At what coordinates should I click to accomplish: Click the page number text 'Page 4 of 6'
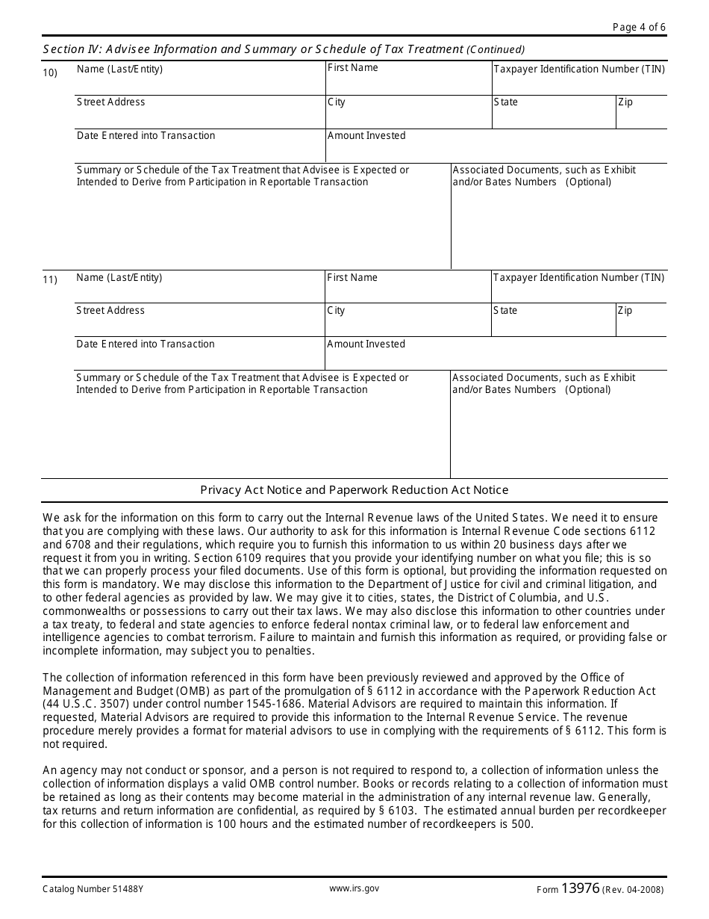pos(639,28)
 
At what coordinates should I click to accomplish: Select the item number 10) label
pos(50,72)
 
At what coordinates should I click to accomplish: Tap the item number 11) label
pos(50,281)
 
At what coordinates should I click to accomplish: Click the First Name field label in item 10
pos(353,68)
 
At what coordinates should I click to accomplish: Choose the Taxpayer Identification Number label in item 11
pos(578,277)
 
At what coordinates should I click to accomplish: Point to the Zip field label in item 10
pos(625,102)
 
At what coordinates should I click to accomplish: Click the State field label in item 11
pos(505,311)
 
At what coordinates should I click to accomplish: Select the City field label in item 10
pos(337,102)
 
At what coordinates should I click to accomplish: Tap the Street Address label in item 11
pos(110,311)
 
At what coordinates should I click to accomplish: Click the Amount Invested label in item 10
pos(366,136)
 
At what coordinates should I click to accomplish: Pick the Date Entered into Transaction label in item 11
pos(146,344)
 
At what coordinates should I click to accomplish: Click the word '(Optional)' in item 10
pos(588,182)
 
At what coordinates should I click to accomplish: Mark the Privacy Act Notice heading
pos(354,490)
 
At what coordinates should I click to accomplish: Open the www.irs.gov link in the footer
pos(354,889)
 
